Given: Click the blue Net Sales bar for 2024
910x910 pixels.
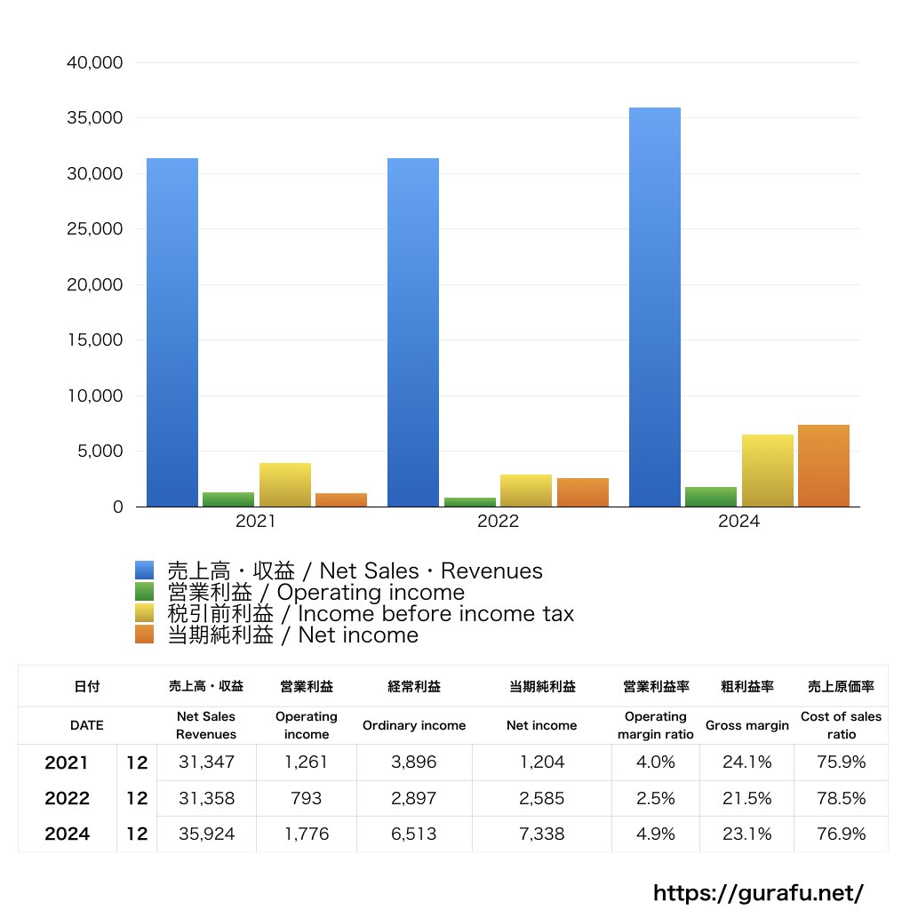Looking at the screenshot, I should [x=655, y=307].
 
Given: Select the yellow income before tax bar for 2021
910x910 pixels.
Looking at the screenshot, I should [x=285, y=484].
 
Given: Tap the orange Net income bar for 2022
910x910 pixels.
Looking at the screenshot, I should [x=583, y=492].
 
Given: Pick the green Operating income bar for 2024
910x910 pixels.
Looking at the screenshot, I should [x=711, y=497].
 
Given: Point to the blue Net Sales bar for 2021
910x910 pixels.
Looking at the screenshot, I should [x=172, y=332].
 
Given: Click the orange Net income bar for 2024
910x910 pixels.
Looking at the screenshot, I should [x=824, y=466].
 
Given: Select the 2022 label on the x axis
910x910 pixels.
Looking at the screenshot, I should [x=498, y=523].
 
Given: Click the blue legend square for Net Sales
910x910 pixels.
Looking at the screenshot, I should [x=145, y=571].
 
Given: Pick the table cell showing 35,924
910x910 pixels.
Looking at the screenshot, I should [x=206, y=834].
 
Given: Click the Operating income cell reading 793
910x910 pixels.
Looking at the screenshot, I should [x=307, y=798].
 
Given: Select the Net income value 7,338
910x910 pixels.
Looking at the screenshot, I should [x=541, y=834].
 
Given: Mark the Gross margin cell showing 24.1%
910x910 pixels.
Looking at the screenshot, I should [x=746, y=762].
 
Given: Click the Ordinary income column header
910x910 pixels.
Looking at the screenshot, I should [x=413, y=725].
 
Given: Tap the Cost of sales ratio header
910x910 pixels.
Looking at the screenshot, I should [x=841, y=725].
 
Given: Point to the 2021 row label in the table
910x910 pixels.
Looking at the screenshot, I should [x=67, y=762].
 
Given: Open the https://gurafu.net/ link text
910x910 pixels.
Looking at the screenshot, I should [x=758, y=892].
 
